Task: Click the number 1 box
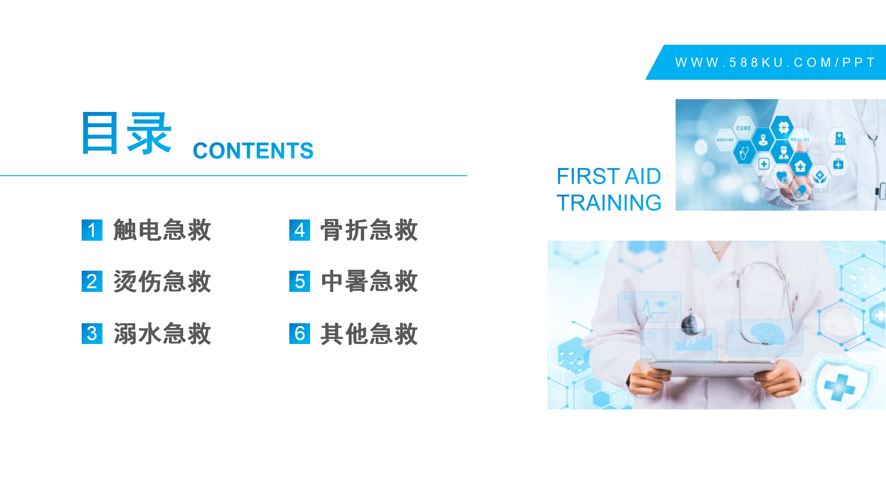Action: tap(92, 230)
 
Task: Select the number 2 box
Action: tap(92, 281)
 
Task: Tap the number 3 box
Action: tap(92, 333)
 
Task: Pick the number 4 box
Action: tap(299, 230)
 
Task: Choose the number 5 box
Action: tap(299, 281)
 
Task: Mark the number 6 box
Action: tap(299, 333)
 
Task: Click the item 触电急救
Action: tap(162, 230)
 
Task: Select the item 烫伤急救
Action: tap(162, 281)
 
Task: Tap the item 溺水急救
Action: tap(162, 333)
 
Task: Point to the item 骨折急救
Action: tap(369, 230)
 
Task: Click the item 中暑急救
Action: tap(369, 281)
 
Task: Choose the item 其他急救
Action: tap(369, 333)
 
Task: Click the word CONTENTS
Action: tap(253, 151)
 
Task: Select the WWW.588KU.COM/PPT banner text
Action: tap(775, 62)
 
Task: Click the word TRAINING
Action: tap(609, 203)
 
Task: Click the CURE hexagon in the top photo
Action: tap(743, 128)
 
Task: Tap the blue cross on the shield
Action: tap(839, 386)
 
